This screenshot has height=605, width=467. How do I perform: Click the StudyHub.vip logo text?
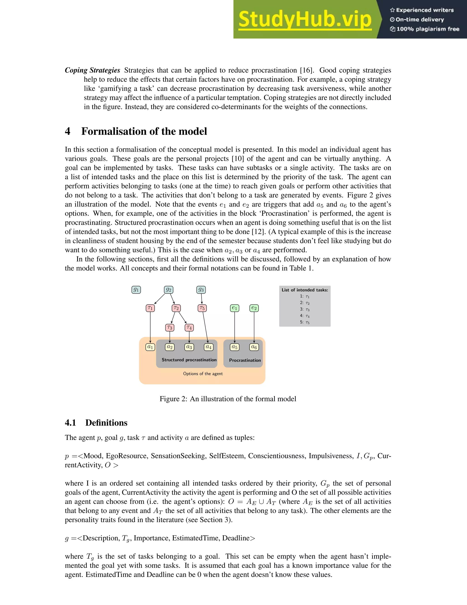click(x=305, y=19)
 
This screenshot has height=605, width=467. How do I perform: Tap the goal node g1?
click(x=136, y=290)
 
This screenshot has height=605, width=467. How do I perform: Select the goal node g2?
click(x=169, y=290)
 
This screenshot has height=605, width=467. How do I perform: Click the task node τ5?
click(x=202, y=308)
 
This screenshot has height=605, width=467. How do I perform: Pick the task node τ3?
click(x=170, y=328)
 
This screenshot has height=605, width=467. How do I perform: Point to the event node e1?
click(x=235, y=308)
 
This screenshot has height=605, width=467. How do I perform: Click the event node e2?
click(x=254, y=308)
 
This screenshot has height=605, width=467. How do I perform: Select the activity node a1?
click(x=150, y=347)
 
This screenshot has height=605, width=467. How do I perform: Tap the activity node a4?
click(x=209, y=347)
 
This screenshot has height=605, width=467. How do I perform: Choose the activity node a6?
click(x=254, y=347)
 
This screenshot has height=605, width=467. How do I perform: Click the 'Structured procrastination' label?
click(x=189, y=360)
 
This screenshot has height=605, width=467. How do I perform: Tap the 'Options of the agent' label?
click(x=203, y=374)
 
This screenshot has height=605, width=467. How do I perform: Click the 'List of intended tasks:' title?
click(x=305, y=290)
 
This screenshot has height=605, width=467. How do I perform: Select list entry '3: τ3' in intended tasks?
click(x=305, y=309)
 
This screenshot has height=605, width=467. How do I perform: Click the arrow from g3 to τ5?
click(x=202, y=299)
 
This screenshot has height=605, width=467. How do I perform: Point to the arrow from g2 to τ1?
click(x=160, y=299)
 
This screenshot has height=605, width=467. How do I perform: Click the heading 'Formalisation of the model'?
click(x=144, y=131)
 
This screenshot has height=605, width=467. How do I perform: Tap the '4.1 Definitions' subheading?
click(x=96, y=423)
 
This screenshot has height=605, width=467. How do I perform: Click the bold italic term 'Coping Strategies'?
click(x=92, y=70)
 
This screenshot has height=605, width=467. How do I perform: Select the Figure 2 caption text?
click(x=228, y=399)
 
